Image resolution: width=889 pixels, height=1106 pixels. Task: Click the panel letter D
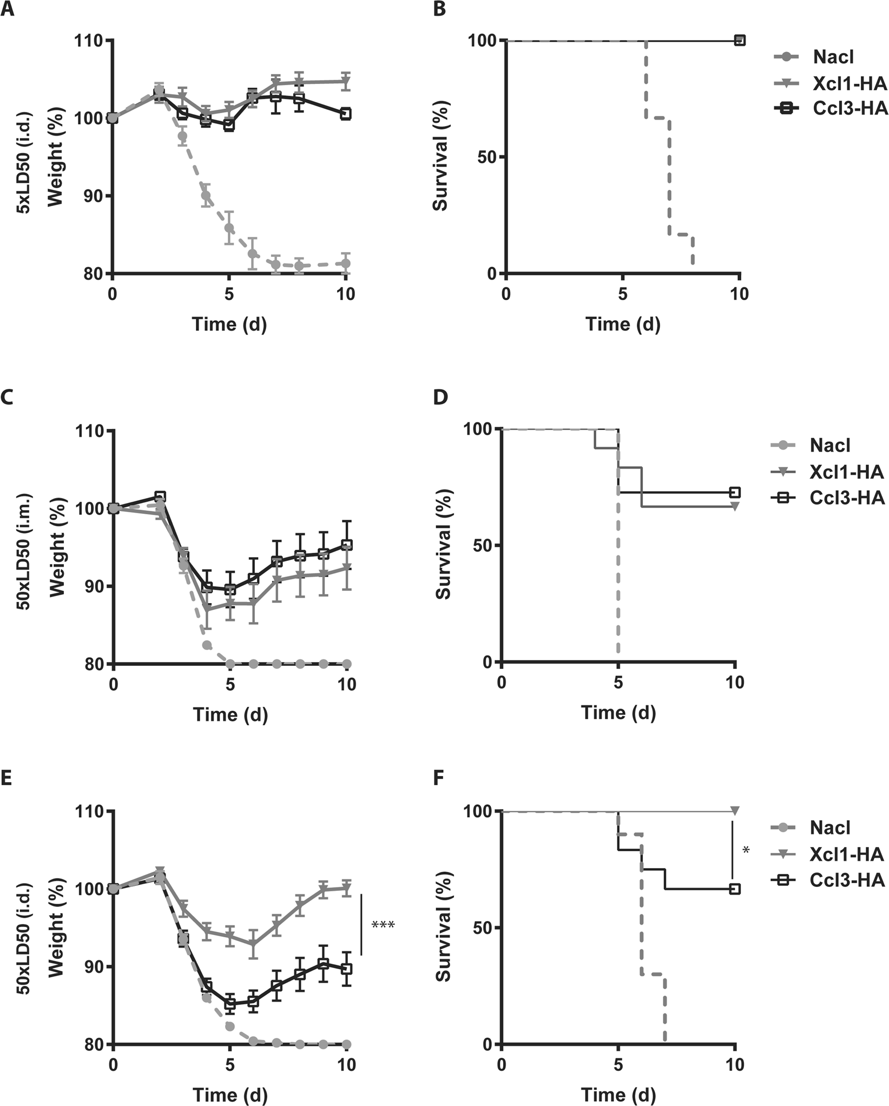(x=441, y=399)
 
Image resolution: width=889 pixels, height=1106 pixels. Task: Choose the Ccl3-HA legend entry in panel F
(x=847, y=880)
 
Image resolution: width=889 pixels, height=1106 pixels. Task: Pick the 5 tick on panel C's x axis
(x=231, y=684)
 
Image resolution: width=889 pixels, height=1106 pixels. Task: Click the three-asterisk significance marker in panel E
(x=383, y=924)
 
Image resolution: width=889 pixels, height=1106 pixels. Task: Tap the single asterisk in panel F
(x=746, y=851)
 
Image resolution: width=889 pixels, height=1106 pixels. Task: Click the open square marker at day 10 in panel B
(x=740, y=40)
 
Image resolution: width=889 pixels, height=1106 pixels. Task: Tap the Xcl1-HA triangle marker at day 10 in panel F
(x=735, y=810)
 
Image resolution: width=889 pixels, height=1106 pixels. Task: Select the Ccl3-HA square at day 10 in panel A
(x=345, y=114)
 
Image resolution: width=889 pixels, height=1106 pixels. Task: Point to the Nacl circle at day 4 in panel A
(x=206, y=196)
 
